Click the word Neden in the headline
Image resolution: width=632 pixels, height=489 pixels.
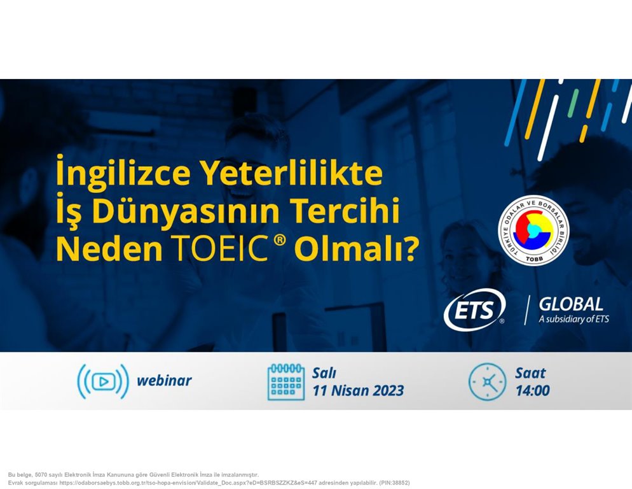coord(109,249)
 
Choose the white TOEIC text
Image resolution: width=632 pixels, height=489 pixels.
coord(219,249)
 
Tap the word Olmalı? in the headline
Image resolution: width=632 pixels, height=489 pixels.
coord(357,249)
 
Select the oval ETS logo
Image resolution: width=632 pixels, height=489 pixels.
coord(474,309)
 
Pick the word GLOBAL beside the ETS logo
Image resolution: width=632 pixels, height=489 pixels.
coord(571,304)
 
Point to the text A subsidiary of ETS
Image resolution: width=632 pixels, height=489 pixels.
coord(574,319)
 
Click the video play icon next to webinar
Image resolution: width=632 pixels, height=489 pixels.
coord(103,381)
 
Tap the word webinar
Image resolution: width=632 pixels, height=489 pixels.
coord(164,381)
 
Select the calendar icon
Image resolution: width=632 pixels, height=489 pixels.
coord(285,381)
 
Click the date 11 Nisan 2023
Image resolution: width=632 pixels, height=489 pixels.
coord(359,391)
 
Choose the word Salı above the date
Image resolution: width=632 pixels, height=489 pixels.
coord(324,373)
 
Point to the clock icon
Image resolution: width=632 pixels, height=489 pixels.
coord(487,381)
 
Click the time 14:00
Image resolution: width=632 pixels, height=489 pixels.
coord(532,391)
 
